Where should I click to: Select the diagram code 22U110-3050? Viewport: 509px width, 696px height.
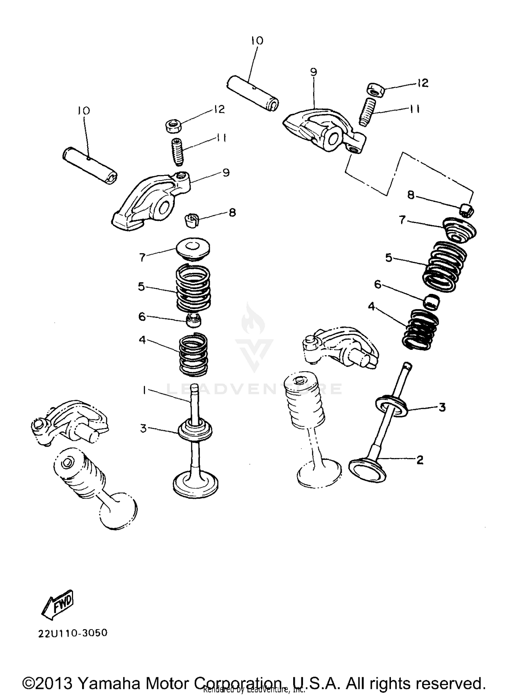coord(73,633)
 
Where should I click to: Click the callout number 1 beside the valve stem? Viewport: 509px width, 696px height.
coord(144,391)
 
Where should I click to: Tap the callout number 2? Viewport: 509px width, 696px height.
coord(420,460)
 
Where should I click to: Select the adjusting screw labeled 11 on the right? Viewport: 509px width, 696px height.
coord(366,112)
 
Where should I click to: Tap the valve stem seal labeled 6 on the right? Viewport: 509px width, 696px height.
coord(432,301)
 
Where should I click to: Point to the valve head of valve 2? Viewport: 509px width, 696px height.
coord(367,469)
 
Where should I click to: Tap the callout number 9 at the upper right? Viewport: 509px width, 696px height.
coord(313,72)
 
